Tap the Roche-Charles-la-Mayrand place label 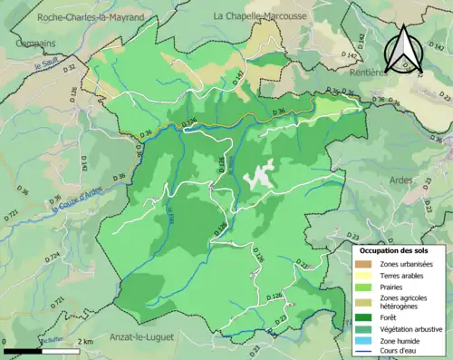click(92, 16)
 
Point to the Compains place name click(30, 43)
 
